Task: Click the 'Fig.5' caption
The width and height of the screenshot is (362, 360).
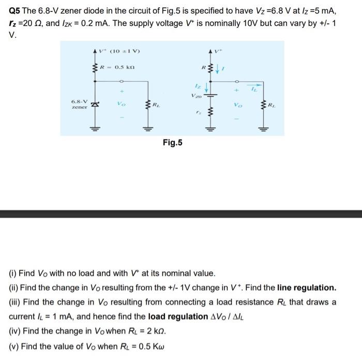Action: point(172,142)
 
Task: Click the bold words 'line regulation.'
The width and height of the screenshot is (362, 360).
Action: point(307,287)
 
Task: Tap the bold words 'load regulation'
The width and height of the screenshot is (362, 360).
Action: point(177,316)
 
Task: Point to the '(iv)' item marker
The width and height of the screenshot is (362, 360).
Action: point(16,331)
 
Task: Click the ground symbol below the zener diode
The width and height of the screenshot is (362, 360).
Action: point(95,129)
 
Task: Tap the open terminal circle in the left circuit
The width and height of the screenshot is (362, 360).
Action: point(121,81)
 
